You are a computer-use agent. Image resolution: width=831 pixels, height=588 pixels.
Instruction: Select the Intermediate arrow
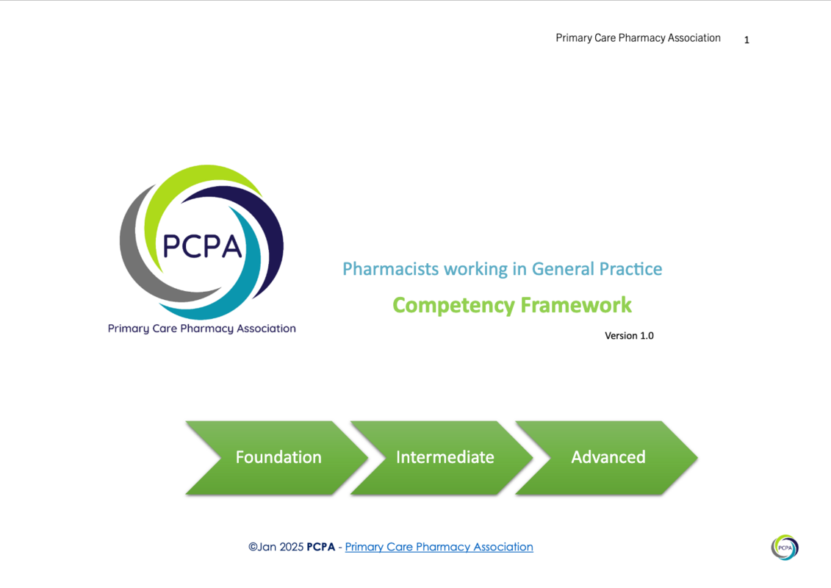[443, 458]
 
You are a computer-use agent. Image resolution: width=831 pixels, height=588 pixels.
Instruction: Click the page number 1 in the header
[747, 40]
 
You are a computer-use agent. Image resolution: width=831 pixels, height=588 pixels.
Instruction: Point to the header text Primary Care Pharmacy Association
[638, 38]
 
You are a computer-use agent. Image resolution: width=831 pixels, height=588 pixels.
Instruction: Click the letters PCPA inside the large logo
[202, 246]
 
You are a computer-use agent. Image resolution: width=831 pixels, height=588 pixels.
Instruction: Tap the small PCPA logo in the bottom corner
[785, 547]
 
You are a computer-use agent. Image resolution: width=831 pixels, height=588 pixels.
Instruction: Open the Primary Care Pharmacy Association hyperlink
[439, 547]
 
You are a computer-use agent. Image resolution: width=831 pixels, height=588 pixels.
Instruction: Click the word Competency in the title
[453, 306]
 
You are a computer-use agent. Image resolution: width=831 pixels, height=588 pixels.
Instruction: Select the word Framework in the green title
[576, 305]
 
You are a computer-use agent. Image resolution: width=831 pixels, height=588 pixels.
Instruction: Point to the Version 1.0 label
[629, 336]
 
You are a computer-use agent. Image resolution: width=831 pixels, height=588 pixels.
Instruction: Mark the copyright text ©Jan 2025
[276, 547]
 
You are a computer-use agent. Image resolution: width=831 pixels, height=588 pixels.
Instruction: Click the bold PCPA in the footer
[320, 547]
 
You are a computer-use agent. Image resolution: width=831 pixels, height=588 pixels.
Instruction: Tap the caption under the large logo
[202, 329]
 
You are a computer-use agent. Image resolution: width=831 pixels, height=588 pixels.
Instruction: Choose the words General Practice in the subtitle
[597, 269]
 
